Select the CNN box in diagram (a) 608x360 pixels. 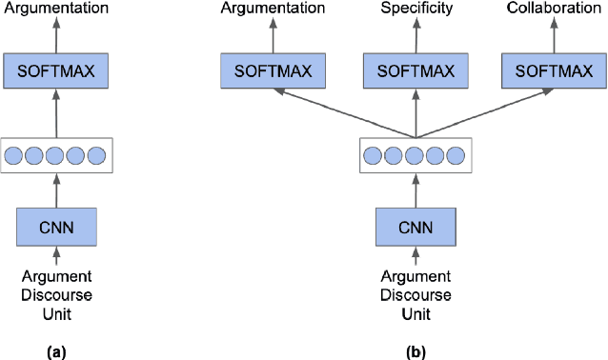[x=56, y=229]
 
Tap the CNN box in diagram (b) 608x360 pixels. [x=415, y=229]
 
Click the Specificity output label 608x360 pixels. [x=415, y=9]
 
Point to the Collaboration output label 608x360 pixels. [x=553, y=9]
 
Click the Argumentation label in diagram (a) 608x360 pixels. [x=56, y=9]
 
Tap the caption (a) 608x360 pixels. [x=56, y=351]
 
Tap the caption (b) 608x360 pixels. [x=415, y=351]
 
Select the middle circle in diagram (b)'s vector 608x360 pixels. [x=415, y=154]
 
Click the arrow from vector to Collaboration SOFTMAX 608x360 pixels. [x=486, y=111]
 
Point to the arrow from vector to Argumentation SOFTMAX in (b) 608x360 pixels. [x=343, y=111]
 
